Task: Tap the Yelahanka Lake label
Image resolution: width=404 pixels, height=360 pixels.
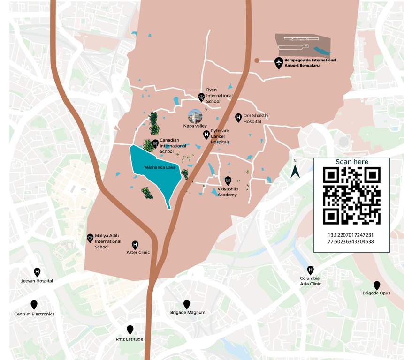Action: [156, 166]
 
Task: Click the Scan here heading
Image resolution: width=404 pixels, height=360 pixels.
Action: [352, 162]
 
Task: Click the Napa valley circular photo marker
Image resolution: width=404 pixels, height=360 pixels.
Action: [195, 116]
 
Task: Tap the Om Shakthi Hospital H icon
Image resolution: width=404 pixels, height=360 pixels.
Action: [238, 117]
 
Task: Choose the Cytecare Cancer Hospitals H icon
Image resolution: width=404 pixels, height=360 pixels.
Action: [206, 135]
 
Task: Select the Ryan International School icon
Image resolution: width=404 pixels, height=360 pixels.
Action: [201, 97]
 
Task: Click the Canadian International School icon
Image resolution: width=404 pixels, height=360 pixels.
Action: [155, 142]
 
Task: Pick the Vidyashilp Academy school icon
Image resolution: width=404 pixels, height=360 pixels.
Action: [228, 180]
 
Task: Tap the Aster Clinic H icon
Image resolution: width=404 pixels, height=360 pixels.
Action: [135, 244]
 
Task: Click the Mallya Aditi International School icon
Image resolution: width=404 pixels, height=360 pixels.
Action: [90, 238]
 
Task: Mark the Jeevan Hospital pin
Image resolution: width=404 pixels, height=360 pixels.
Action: [37, 272]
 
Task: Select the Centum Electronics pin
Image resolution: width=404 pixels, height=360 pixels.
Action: [34, 305]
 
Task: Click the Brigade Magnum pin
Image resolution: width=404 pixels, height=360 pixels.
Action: [187, 304]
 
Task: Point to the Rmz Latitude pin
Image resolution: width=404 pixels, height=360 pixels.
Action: [130, 330]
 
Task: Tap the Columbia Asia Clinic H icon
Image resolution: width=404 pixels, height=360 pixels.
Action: [310, 270]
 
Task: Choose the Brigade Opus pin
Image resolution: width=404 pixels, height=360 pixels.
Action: [376, 285]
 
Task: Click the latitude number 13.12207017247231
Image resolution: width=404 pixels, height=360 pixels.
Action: [351, 234]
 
